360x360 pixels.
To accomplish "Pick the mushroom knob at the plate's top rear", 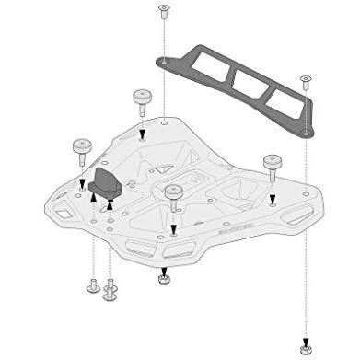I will pos(142,98).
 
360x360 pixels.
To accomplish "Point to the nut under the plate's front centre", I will pos(163,274).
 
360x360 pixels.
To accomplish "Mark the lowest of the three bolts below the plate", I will pos(110,295).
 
